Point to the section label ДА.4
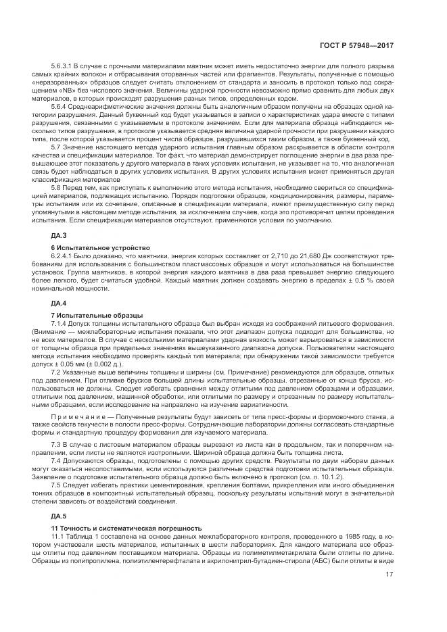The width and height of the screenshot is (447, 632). point(60,303)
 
